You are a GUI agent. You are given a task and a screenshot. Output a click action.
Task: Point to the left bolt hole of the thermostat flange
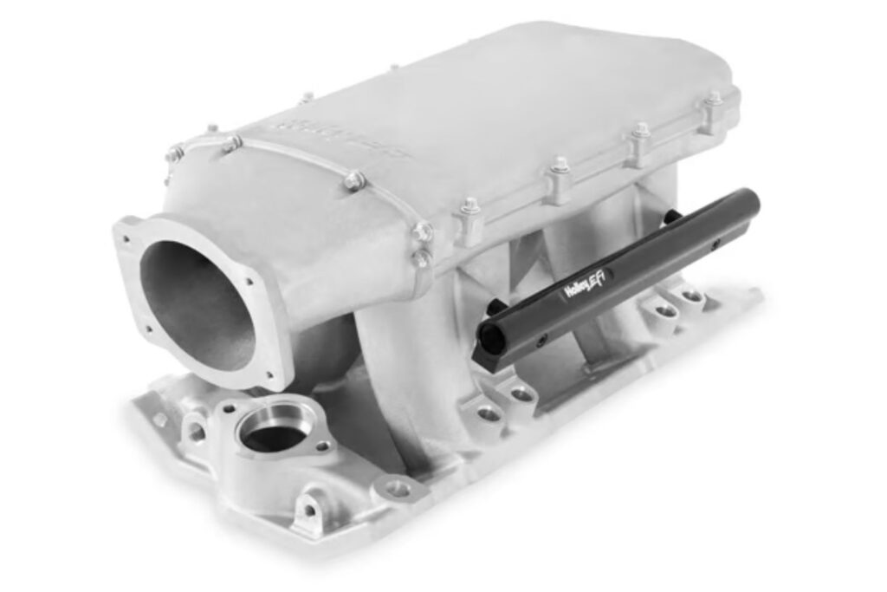click(x=230, y=407)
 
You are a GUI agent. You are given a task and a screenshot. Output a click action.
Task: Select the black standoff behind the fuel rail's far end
click(x=671, y=218)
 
